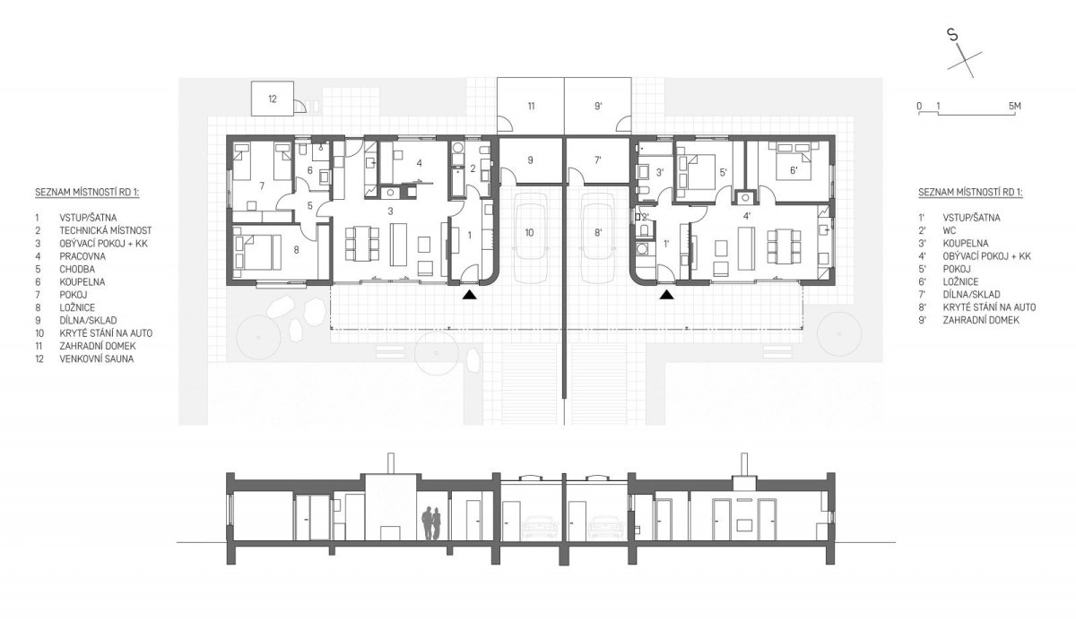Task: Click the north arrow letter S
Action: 952,48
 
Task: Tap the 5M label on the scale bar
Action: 1014,106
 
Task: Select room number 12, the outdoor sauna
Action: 273,99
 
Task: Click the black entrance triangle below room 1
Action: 470,295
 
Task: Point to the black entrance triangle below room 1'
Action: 665,295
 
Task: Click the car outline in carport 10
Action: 529,237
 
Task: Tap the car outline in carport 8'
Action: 598,237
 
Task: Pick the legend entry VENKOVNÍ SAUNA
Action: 97,358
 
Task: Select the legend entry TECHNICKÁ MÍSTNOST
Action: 106,230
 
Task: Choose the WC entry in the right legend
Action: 950,230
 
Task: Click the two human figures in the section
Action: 431,523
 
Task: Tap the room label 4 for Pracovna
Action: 420,163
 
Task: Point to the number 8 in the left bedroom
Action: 297,249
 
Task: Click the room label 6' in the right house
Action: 794,170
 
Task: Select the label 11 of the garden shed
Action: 531,106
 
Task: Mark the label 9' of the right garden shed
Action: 598,106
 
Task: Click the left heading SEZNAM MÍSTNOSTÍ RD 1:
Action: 87,193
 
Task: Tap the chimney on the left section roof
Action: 392,463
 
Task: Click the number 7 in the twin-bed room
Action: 262,185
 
